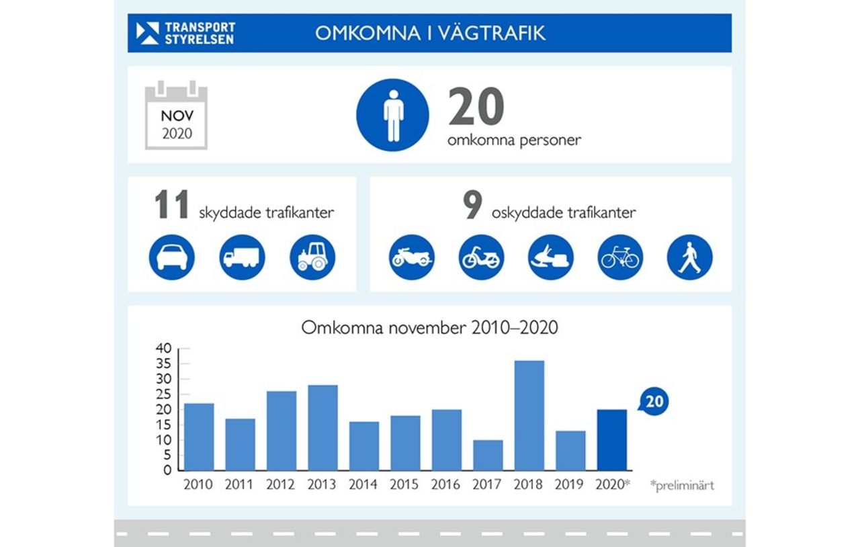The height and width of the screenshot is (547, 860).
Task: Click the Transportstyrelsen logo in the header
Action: coord(185,33)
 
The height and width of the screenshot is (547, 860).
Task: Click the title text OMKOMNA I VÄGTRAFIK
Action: coord(430,33)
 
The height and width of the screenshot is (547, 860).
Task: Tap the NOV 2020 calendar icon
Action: coord(177,116)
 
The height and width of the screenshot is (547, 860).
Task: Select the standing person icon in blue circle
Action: coord(392,115)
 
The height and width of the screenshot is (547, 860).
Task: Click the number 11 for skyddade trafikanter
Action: coord(173,206)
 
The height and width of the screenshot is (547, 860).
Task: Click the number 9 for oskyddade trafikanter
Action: coord(472,206)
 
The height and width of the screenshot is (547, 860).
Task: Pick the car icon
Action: coord(172,257)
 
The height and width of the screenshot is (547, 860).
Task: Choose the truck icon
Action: coord(242,257)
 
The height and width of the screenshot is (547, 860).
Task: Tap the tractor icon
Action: coord(312,257)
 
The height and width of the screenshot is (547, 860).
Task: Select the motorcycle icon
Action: coord(412,257)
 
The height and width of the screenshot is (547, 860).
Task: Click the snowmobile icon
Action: coord(551,257)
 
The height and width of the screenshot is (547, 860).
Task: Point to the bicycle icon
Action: coord(620,257)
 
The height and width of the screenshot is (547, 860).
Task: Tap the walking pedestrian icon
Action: coord(689,257)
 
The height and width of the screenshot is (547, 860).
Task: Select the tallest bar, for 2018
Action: coord(529,415)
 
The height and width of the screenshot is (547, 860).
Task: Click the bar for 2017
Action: coord(488,455)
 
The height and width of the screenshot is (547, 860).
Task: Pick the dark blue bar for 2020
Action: coord(612,440)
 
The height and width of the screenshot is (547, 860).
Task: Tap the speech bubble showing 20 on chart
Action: coord(653,402)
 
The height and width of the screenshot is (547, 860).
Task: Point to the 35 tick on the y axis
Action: coord(164,364)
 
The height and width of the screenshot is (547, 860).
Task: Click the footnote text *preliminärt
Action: coord(682,485)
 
